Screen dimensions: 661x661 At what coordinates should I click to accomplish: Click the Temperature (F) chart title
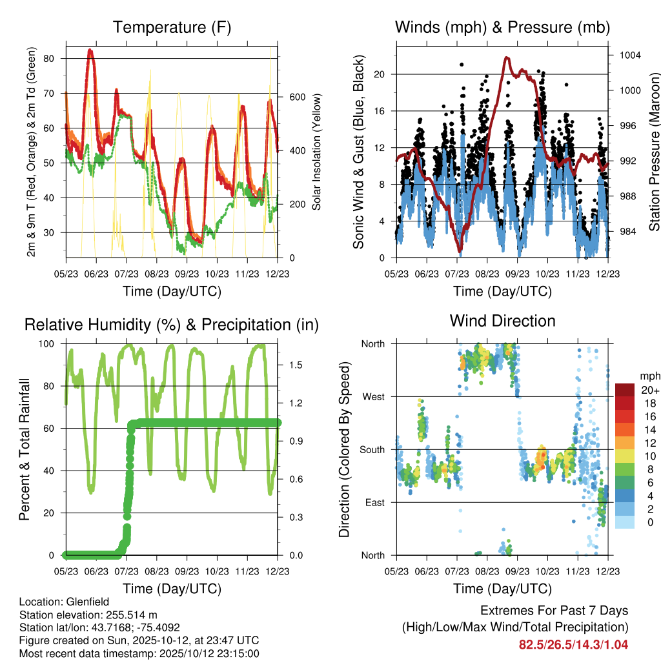pyautogui.click(x=172, y=27)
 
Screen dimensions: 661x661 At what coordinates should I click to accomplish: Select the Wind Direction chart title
pyautogui.click(x=502, y=320)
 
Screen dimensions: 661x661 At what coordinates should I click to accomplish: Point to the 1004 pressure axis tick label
pyautogui.click(x=629, y=55)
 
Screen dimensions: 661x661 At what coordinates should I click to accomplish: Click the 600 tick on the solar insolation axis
pyautogui.click(x=296, y=97)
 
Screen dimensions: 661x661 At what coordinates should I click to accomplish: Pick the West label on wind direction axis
pyautogui.click(x=372, y=396)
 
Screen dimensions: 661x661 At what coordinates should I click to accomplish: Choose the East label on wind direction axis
pyautogui.click(x=373, y=502)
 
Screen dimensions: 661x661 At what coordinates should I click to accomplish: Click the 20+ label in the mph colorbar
pyautogui.click(x=649, y=390)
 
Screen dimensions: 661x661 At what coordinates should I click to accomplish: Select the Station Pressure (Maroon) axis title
pyautogui.click(x=653, y=152)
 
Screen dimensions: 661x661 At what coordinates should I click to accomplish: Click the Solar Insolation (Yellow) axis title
pyautogui.click(x=317, y=152)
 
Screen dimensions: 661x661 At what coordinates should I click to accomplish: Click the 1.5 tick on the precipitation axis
pyautogui.click(x=296, y=365)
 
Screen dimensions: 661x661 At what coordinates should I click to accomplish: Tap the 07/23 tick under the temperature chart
pyautogui.click(x=126, y=274)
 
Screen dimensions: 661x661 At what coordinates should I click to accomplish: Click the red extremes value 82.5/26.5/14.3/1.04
pyautogui.click(x=573, y=644)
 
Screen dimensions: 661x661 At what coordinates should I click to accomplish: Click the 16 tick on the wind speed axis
pyautogui.click(x=379, y=111)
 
